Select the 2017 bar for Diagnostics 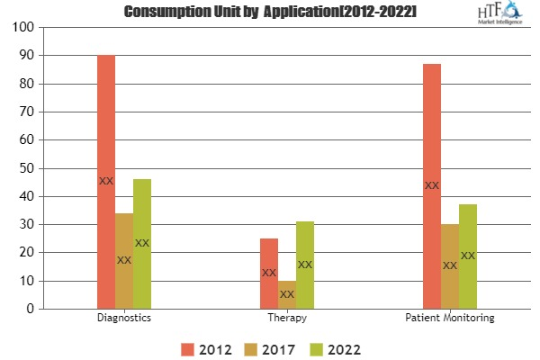pos(124,261)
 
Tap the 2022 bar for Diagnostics pos(142,244)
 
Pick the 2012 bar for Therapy pos(269,274)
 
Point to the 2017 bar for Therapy pos(287,294)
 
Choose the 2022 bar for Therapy pos(305,265)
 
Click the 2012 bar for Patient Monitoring pos(432,186)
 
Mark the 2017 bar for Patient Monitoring pos(450,266)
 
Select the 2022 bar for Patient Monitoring pos(468,256)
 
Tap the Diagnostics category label pos(124,319)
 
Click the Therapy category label pos(287,319)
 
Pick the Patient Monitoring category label pos(450,319)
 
